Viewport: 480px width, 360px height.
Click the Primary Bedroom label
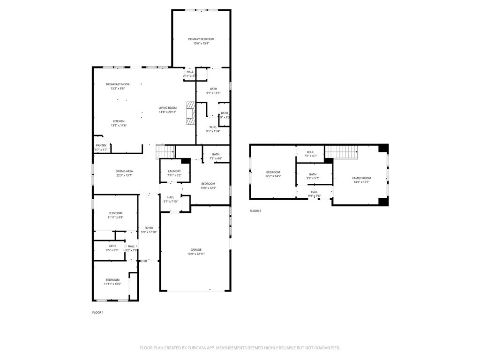pos(201,39)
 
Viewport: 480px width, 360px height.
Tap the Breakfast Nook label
pos(118,84)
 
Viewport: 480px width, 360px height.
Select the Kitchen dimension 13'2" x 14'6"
pos(119,126)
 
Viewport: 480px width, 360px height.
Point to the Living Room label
pos(167,108)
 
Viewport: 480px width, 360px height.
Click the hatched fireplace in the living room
pos(190,113)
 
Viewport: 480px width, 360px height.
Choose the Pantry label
pos(101,146)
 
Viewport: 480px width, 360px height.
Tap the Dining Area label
pos(124,171)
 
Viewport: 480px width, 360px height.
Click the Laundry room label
pos(174,171)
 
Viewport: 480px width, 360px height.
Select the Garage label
pos(196,250)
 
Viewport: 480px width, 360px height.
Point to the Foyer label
pos(149,228)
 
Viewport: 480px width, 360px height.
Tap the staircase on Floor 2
pos(342,152)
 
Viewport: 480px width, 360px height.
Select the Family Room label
pos(361,178)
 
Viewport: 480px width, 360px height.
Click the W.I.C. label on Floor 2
pos(311,152)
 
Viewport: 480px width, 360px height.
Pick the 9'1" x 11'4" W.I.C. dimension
pos(213,131)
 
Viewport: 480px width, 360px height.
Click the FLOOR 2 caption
pos(255,211)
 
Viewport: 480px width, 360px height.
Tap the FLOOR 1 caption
pos(97,312)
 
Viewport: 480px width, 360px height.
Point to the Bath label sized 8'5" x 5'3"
pos(112,246)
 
